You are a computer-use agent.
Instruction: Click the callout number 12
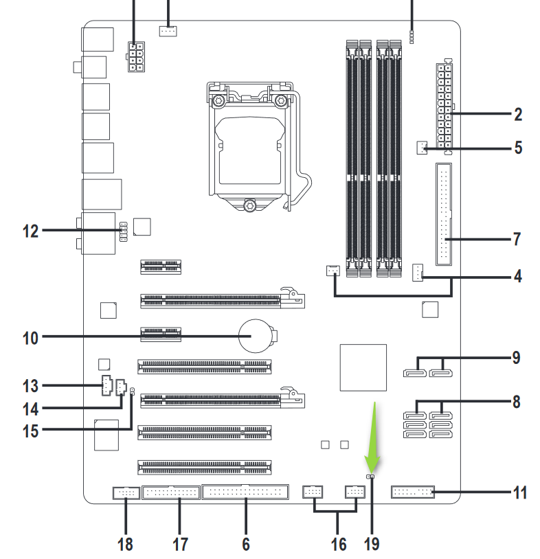click(x=30, y=231)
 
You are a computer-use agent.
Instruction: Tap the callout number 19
click(x=372, y=545)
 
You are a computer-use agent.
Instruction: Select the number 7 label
click(x=517, y=239)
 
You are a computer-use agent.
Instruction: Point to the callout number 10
click(x=30, y=338)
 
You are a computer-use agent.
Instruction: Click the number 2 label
click(x=518, y=115)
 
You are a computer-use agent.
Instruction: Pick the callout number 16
click(x=339, y=545)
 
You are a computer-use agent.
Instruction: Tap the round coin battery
click(x=256, y=336)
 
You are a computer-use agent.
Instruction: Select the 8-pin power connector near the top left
click(x=136, y=57)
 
